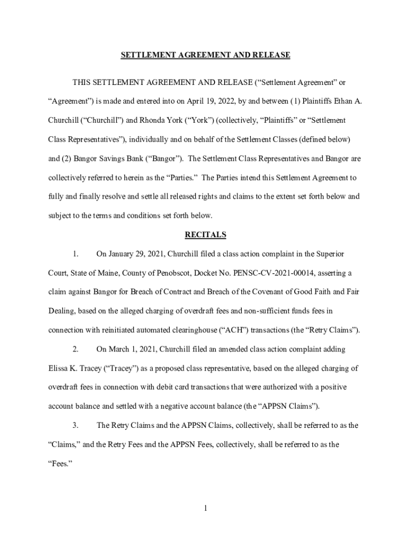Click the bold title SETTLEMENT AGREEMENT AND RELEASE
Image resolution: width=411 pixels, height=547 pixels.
pos(205,55)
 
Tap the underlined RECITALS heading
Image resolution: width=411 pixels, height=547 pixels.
pos(205,235)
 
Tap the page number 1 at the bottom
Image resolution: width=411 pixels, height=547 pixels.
pos(205,508)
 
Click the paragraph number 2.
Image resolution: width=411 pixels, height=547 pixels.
pos(75,349)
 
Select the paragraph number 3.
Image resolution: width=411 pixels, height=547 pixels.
pos(75,425)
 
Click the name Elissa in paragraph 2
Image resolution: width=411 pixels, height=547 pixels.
pos(58,368)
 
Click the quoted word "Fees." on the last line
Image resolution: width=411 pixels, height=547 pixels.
pos(59,464)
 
